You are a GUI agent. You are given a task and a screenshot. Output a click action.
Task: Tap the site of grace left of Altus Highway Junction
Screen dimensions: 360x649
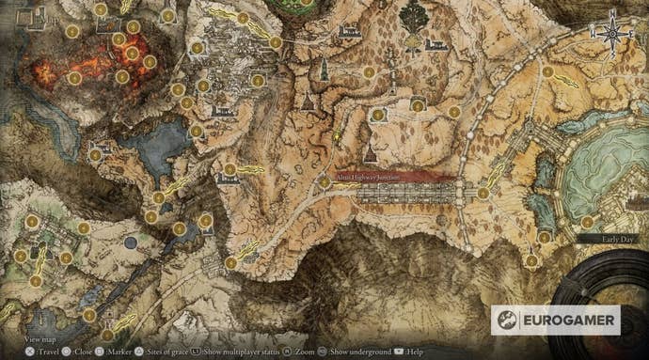pos(324,182)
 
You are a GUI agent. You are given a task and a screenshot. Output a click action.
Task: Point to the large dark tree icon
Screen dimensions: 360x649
pos(412,16)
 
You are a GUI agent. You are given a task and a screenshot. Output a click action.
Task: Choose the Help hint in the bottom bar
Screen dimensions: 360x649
pos(411,352)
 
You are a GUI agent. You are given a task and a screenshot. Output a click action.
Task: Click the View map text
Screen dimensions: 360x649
pos(40,337)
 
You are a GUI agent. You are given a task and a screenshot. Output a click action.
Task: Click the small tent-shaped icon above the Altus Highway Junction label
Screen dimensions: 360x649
pos(370,153)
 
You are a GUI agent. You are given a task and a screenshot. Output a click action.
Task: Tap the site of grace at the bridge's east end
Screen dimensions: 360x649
pos(483,194)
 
